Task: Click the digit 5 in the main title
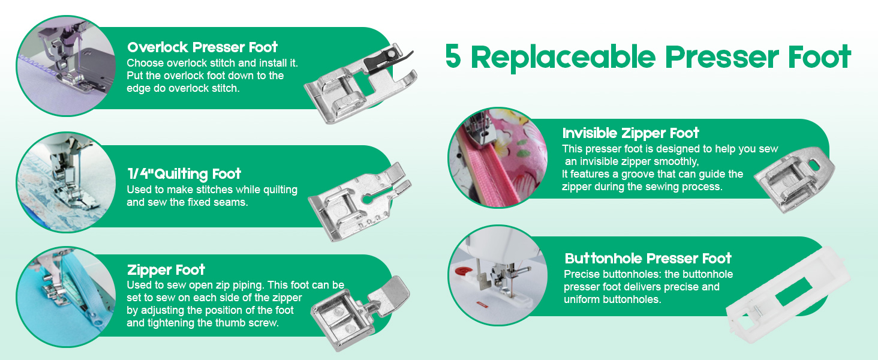click(453, 58)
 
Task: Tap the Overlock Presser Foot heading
click(202, 47)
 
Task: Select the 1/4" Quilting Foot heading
click(184, 174)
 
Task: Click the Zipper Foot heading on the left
click(166, 270)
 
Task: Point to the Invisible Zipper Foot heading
click(631, 133)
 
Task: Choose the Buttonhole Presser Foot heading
click(648, 259)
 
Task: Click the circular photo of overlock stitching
click(66, 65)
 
